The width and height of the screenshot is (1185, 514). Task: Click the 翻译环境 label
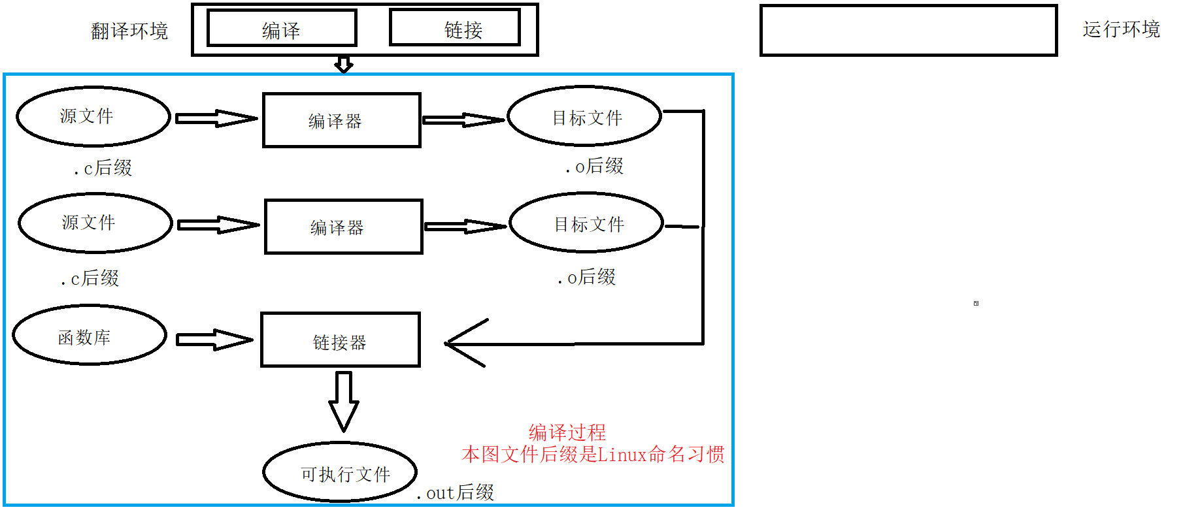pos(129,31)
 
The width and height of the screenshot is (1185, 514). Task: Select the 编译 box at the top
pos(282,29)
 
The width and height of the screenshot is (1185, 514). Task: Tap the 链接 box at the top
pos(455,28)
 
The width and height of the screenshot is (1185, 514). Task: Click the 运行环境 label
pos(1121,29)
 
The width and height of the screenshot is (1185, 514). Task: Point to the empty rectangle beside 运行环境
pos(908,31)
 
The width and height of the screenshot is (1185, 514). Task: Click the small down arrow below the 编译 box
pos(344,64)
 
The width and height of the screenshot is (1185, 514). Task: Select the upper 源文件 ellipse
pos(93,116)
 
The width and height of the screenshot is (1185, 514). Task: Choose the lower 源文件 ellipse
pos(95,223)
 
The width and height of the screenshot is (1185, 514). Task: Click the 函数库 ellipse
pos(90,336)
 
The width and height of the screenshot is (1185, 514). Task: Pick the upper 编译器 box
pos(341,120)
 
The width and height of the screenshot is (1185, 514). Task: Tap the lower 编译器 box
pos(343,227)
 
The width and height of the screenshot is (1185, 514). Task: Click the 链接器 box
pos(340,340)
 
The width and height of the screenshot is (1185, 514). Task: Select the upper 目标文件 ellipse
pos(585,116)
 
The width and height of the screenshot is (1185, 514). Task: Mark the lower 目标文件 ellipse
pos(586,223)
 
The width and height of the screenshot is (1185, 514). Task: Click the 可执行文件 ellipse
pos(340,472)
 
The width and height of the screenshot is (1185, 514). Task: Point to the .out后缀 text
pos(456,492)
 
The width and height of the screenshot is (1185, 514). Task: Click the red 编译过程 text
pos(567,432)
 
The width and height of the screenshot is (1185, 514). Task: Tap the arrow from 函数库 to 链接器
pos(214,340)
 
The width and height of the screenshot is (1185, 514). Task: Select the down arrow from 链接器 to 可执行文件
pos(343,401)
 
